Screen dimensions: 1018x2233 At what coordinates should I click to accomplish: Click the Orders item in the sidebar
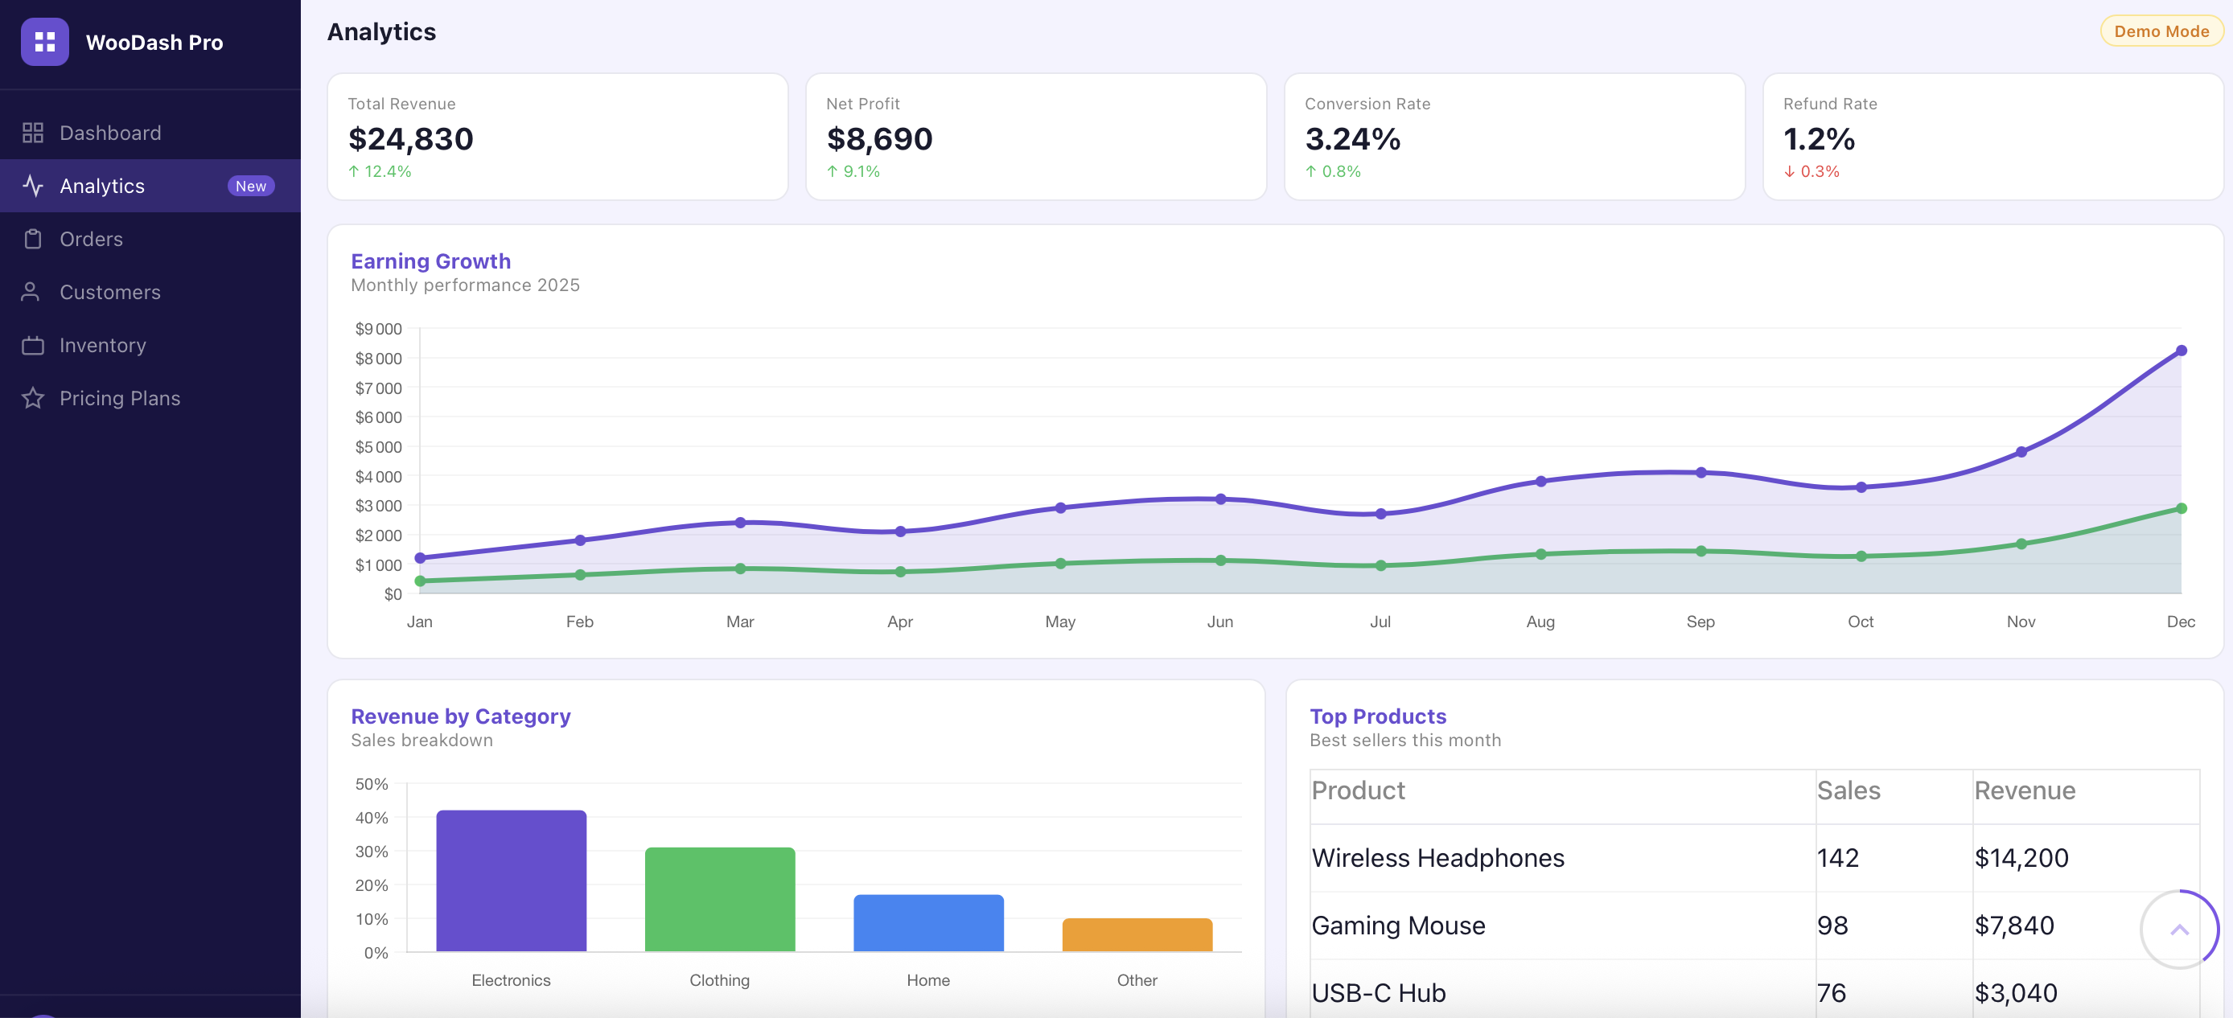(91, 239)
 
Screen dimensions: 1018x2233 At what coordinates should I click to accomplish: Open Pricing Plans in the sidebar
(120, 399)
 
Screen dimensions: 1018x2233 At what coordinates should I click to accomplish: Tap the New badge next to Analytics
(250, 187)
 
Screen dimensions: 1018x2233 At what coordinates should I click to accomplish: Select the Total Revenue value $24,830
(411, 139)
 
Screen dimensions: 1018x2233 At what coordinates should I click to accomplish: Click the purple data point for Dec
(2181, 351)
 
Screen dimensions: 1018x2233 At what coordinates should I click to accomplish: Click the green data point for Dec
(2181, 508)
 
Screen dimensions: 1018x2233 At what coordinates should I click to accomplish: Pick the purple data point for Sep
(1700, 472)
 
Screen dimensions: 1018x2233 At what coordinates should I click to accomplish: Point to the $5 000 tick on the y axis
(378, 447)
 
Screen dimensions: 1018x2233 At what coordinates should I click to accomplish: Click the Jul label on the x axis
(1380, 622)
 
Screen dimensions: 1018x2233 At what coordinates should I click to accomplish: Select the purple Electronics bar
(511, 880)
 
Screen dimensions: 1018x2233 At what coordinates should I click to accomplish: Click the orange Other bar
(1137, 935)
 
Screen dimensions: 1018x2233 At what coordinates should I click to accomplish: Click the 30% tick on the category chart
(371, 852)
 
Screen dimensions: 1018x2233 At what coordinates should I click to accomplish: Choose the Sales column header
(1848, 790)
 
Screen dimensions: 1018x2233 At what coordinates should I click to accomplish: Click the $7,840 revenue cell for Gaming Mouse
(2013, 926)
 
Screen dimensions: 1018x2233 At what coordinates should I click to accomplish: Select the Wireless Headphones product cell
(1437, 858)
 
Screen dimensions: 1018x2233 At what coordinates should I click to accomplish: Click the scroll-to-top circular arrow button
(2178, 930)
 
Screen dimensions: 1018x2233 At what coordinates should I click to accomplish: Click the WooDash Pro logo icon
(45, 42)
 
